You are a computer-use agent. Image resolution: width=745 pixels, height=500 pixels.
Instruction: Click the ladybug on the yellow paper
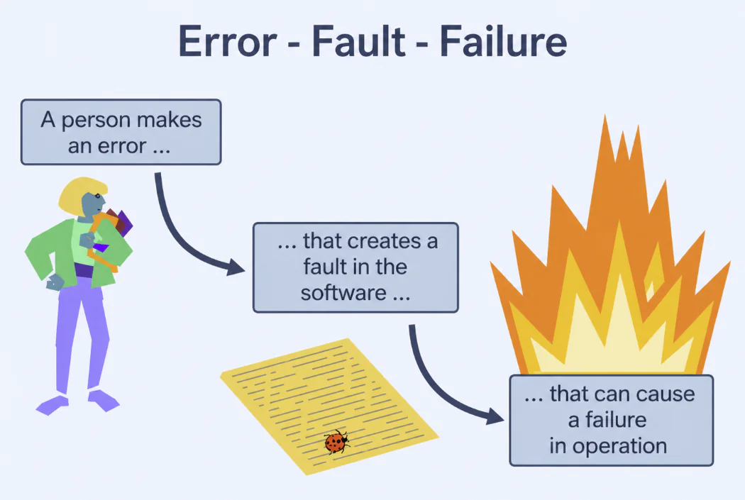(x=336, y=443)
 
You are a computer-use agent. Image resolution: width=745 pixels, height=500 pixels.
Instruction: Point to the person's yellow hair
(x=78, y=195)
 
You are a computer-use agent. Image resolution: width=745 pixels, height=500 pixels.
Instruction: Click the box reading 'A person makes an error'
(x=121, y=132)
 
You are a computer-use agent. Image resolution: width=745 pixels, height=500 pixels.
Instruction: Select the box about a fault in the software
(x=355, y=267)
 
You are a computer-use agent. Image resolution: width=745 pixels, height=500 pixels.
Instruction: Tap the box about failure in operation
(x=611, y=420)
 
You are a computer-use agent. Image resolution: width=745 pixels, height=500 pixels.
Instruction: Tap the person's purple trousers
(x=78, y=333)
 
